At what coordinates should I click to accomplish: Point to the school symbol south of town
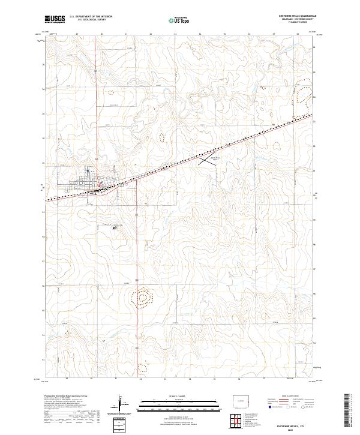(x=114, y=226)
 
